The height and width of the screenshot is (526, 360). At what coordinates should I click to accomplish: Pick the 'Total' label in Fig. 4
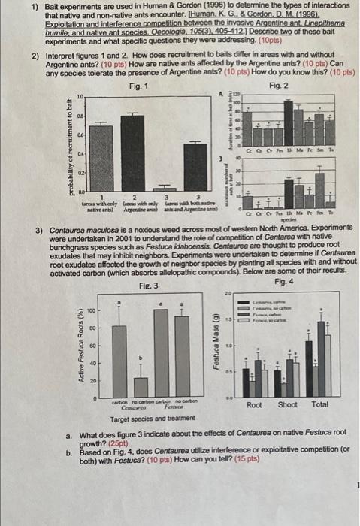319,406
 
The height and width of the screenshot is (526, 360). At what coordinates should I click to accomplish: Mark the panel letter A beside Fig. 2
220,94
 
